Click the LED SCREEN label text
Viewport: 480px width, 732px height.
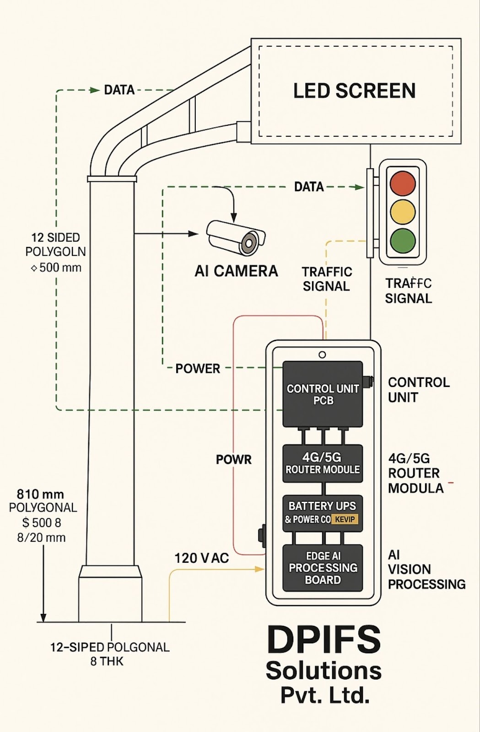[354, 91]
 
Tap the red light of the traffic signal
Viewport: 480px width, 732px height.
[402, 183]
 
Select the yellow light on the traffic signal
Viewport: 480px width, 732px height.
[402, 211]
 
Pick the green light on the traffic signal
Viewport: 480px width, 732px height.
[402, 240]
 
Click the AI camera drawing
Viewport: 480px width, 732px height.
[236, 237]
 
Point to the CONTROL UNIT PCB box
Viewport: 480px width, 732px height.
[323, 394]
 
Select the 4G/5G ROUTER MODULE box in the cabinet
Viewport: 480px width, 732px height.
[323, 463]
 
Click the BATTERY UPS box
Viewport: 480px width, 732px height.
[323, 512]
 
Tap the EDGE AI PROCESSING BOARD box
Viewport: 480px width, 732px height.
[323, 568]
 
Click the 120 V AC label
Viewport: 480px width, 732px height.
[201, 558]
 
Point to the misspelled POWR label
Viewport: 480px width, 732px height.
[233, 460]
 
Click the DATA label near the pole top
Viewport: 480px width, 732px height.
[119, 90]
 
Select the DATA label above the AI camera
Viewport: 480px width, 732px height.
[309, 187]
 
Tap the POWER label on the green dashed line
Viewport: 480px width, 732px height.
[198, 368]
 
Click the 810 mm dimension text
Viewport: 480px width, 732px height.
[40, 494]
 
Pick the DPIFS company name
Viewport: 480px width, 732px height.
[323, 640]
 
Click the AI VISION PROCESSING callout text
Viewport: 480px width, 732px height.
[426, 570]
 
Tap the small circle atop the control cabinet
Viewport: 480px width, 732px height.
[322, 355]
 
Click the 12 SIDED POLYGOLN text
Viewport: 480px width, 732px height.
[55, 244]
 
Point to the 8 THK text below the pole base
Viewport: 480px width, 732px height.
[107, 661]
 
